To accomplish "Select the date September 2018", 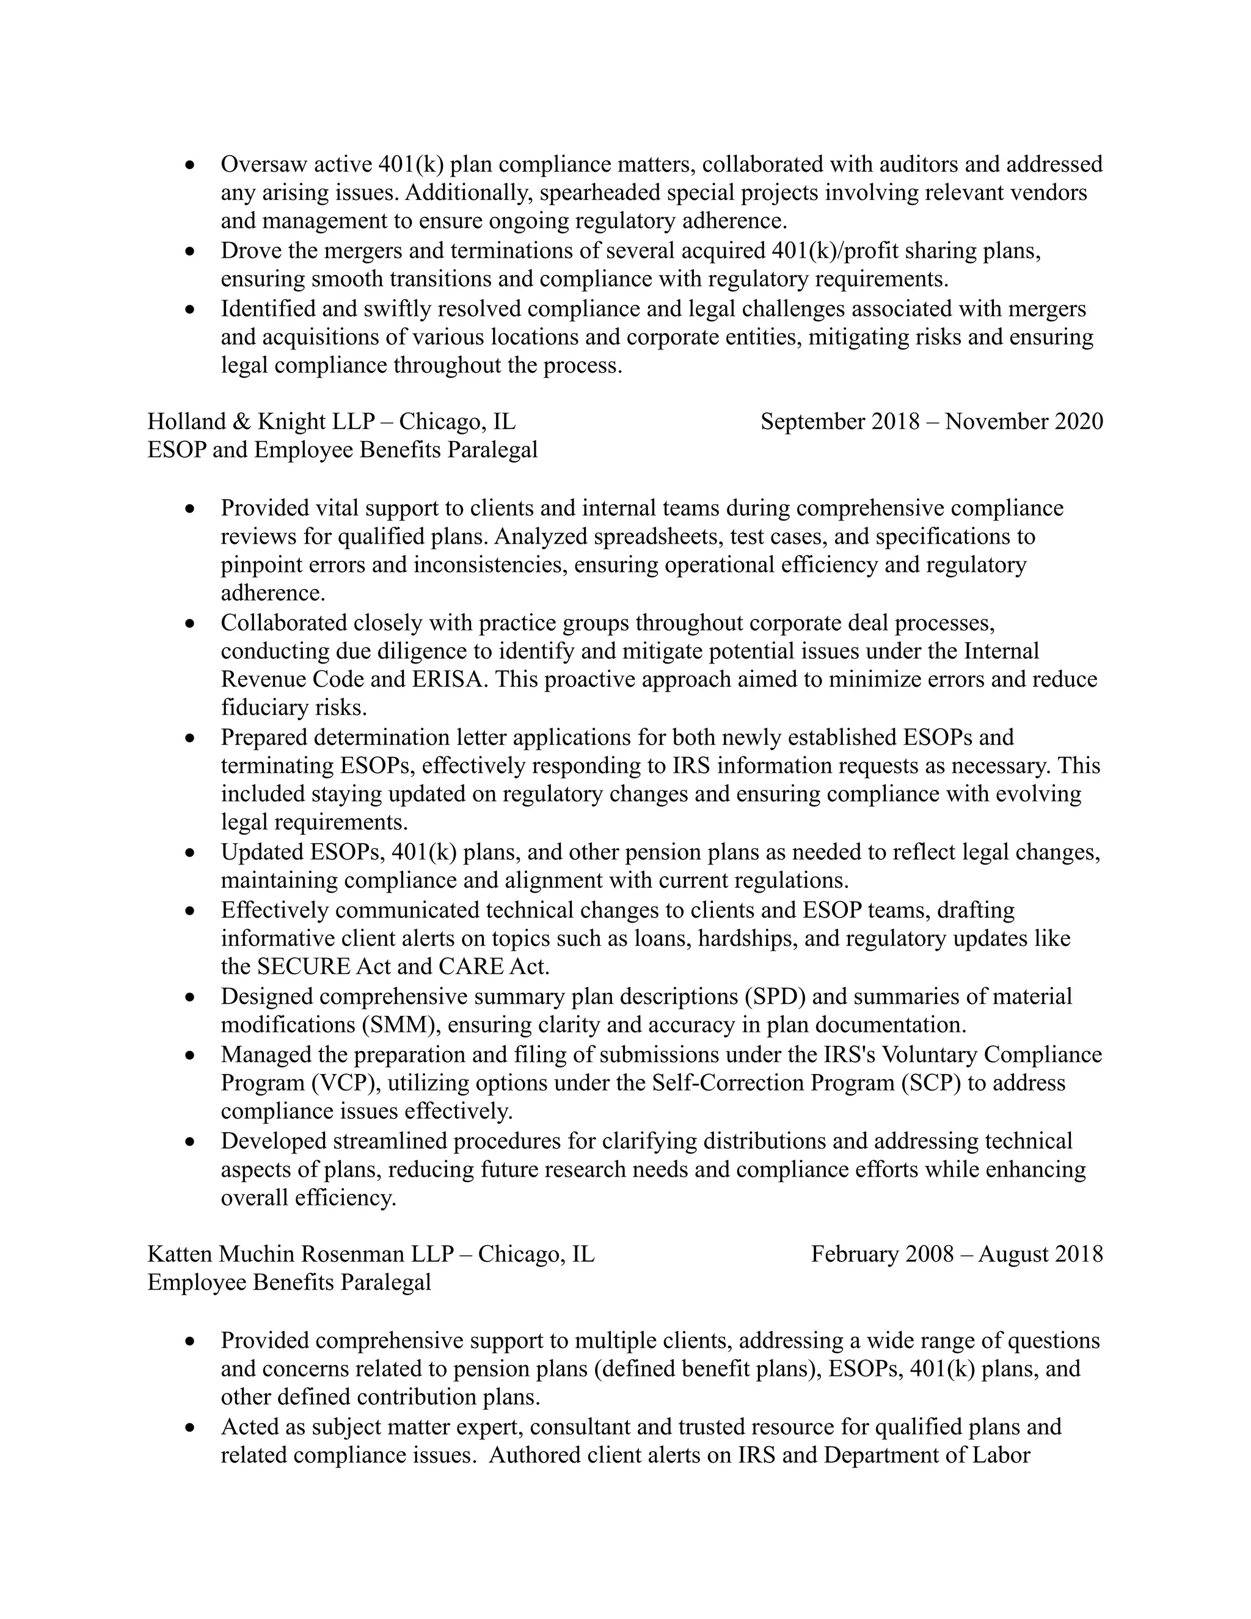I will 840,422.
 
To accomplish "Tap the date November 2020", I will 1024,422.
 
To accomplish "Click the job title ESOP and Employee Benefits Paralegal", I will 343,450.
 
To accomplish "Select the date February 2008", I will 881,1254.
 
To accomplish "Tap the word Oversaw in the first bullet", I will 261,164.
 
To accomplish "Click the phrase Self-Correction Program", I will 774,1083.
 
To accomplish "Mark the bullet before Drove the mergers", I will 191,252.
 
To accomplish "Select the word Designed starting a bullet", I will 267,996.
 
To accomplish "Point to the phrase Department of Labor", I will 927,1455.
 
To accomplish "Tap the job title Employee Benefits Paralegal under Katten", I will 289,1282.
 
